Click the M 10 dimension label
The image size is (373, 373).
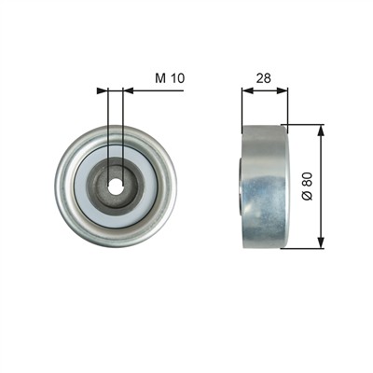tap(170, 78)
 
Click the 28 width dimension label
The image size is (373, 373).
tap(263, 78)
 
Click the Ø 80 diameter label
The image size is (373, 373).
tap(308, 186)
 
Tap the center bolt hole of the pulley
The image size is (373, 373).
tap(116, 186)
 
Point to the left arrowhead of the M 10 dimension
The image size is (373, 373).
tap(102, 90)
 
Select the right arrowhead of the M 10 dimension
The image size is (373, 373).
tap(129, 90)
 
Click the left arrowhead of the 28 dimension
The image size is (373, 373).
tap(247, 90)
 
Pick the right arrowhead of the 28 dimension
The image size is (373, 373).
tap(283, 90)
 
